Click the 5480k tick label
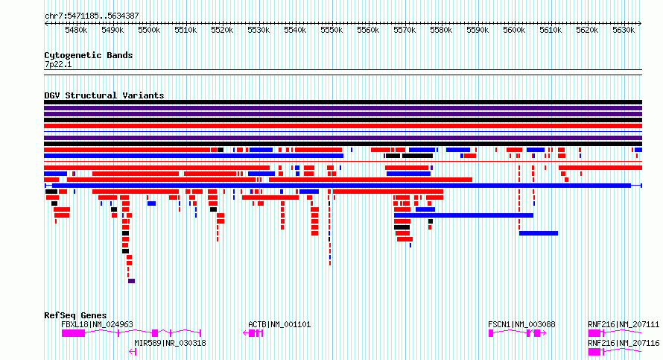pyautogui.click(x=76, y=30)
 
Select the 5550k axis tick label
pyautogui.click(x=331, y=30)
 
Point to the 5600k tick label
pyautogui.click(x=514, y=30)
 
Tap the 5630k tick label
pyautogui.click(x=624, y=30)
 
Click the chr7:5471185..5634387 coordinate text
pyautogui.click(x=92, y=16)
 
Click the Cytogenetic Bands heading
pyautogui.click(x=89, y=55)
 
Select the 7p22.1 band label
pyautogui.click(x=58, y=65)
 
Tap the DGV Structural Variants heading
pyautogui.click(x=104, y=95)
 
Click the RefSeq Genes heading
pyautogui.click(x=75, y=315)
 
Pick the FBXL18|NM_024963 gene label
pyautogui.click(x=98, y=324)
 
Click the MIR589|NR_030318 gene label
pyautogui.click(x=170, y=343)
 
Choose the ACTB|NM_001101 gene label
pyautogui.click(x=279, y=324)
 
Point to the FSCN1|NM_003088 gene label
pyautogui.click(x=521, y=324)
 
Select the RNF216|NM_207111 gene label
pyautogui.click(x=624, y=324)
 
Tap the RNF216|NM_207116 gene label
pyautogui.click(x=624, y=343)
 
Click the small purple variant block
pyautogui.click(x=132, y=281)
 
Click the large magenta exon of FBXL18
pyautogui.click(x=73, y=333)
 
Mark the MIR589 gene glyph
pyautogui.click(x=133, y=352)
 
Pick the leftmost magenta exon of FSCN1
pyautogui.click(x=491, y=333)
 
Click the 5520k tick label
pyautogui.click(x=222, y=30)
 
